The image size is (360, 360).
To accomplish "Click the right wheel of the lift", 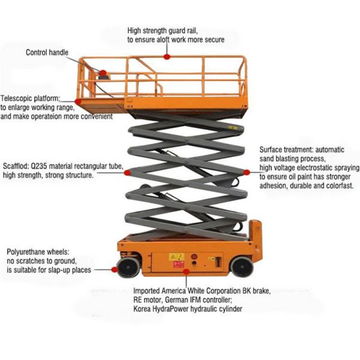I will (242, 266).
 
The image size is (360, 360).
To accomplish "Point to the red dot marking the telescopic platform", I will (79, 102).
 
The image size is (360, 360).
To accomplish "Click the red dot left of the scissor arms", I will (127, 172).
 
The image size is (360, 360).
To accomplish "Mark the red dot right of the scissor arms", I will (246, 172).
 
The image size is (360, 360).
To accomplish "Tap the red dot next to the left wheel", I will (115, 269).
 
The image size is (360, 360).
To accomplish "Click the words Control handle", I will (47, 52).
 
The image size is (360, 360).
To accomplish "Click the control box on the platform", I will (104, 74).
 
